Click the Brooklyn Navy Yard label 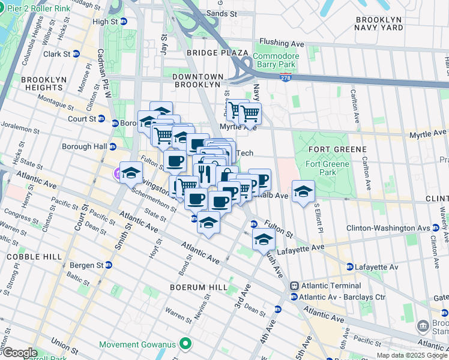click(378, 23)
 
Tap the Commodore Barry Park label click(275, 61)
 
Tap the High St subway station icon click(124, 21)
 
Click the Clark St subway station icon click(76, 53)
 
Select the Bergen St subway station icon click(108, 265)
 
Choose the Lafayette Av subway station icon click(349, 266)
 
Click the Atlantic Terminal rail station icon click(294, 286)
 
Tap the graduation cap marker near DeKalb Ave click(304, 191)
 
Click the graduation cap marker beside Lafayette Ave click(263, 239)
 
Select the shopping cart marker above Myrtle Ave click(250, 112)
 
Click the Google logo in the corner click(19, 353)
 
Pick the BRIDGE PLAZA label click(208, 53)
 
